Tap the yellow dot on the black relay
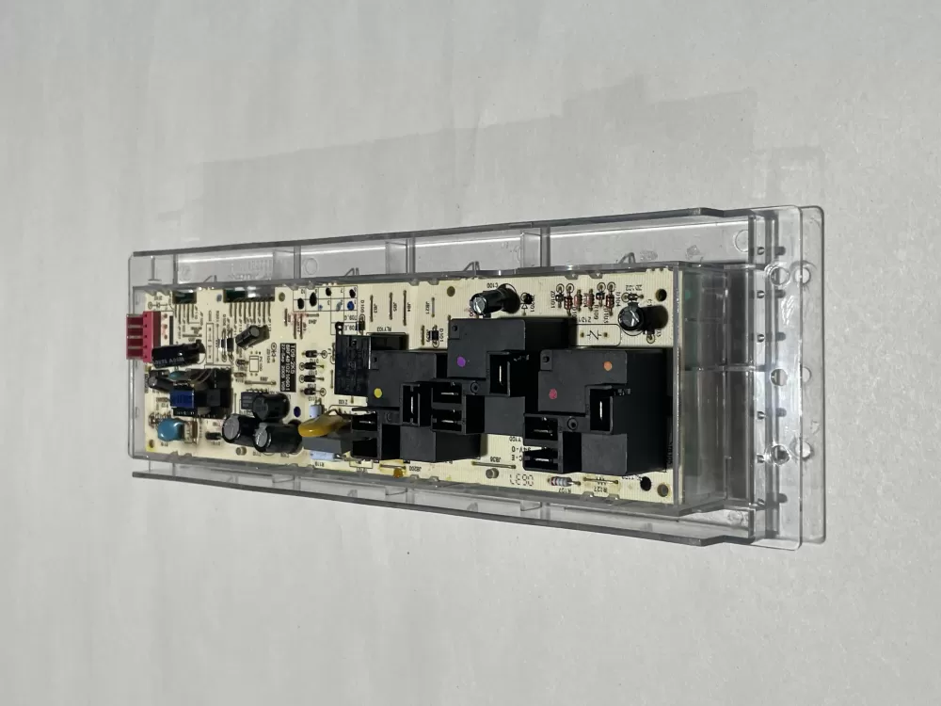point(377,393)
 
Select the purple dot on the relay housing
point(460,361)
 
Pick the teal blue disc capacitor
point(170,430)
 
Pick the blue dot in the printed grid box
point(349,305)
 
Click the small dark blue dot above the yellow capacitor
point(311,411)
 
